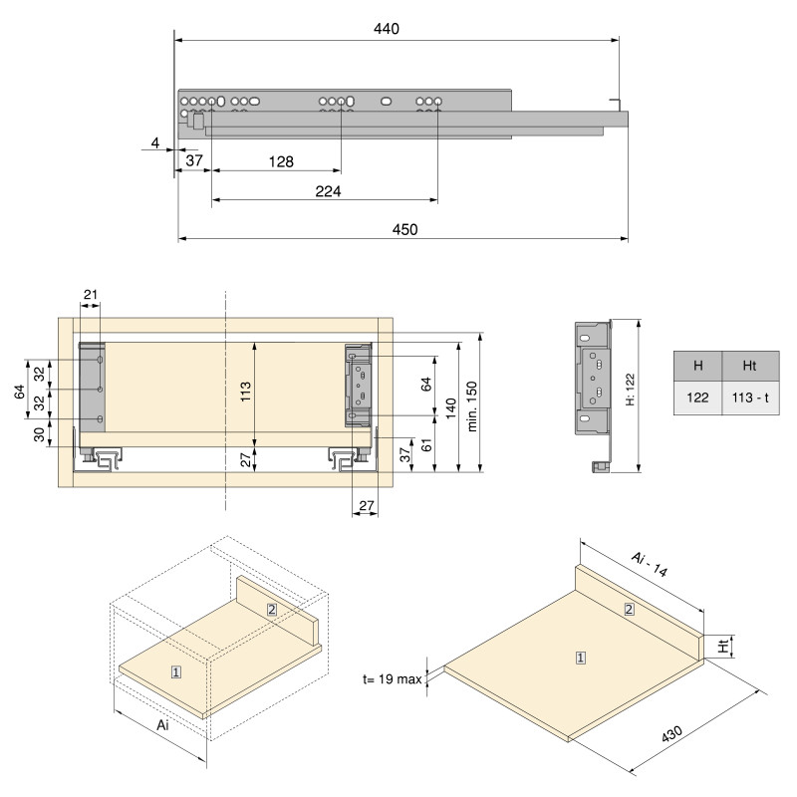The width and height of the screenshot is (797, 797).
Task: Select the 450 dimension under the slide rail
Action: (403, 229)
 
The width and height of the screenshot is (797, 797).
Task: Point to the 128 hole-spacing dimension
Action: (280, 161)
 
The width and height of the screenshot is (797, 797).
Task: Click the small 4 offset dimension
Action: (155, 143)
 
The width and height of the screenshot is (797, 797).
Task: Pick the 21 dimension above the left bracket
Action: (91, 294)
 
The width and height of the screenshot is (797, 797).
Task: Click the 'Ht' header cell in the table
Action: (752, 366)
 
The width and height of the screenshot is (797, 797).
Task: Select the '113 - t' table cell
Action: (752, 398)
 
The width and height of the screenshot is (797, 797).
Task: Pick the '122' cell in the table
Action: (697, 398)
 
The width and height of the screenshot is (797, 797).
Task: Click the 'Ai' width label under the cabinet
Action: (163, 725)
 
